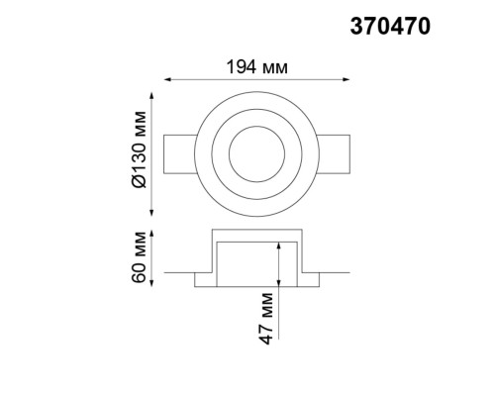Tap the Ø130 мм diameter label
(139, 153)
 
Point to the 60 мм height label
(139, 256)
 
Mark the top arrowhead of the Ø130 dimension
(151, 97)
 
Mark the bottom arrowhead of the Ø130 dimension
(151, 212)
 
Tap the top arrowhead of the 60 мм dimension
(151, 233)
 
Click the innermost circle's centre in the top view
(257, 154)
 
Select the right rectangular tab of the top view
(335, 154)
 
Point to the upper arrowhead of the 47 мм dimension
(281, 245)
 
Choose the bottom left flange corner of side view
(199, 287)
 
